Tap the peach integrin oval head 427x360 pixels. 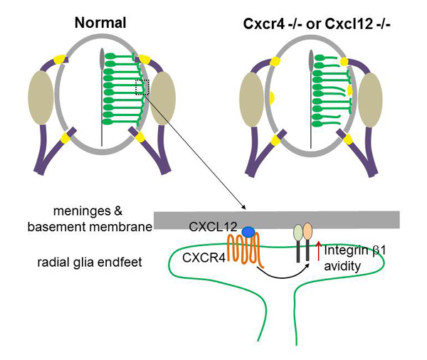pyautogui.click(x=308, y=233)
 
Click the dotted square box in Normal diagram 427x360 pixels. pyautogui.click(x=142, y=88)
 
